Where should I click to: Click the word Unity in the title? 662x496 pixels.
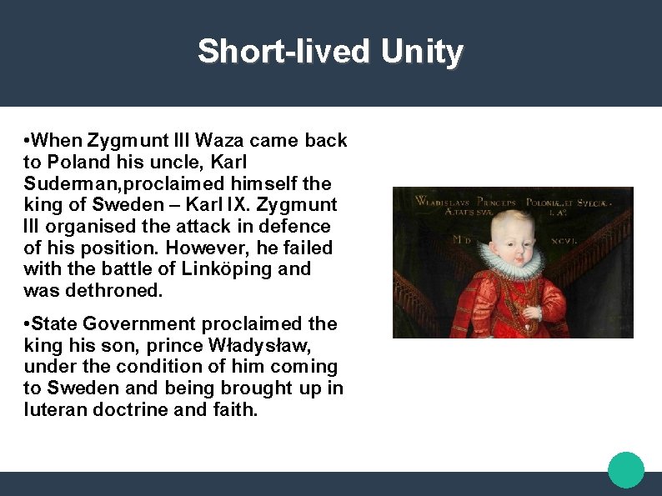tap(422, 52)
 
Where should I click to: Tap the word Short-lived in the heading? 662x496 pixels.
tap(283, 52)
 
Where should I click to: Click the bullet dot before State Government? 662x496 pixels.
tap(28, 323)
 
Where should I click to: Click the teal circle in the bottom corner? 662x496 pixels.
tap(626, 470)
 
